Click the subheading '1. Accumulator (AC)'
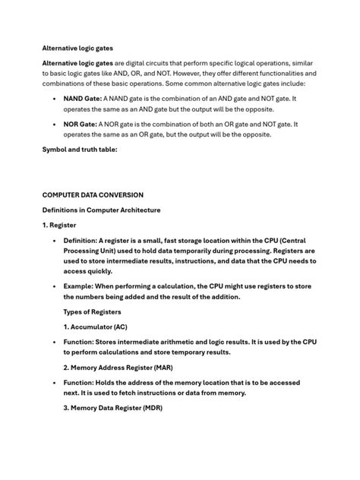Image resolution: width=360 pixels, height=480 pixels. click(x=96, y=327)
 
